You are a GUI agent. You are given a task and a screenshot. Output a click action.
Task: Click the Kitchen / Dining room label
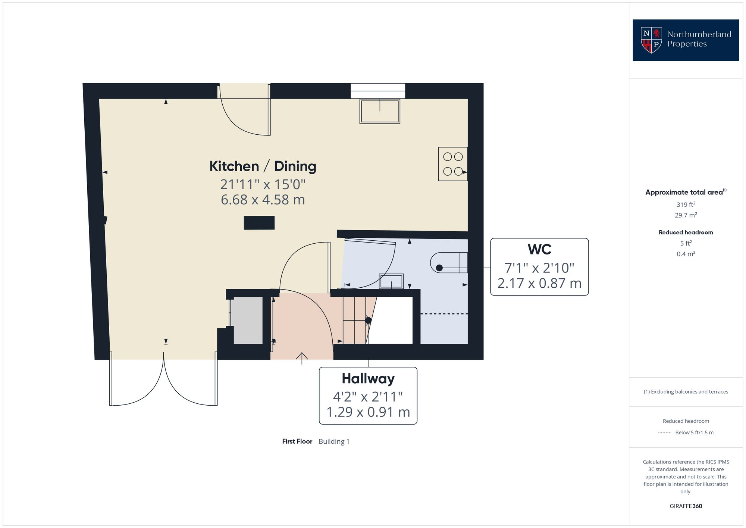point(263,166)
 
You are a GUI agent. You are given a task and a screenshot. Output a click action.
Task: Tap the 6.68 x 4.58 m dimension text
point(263,200)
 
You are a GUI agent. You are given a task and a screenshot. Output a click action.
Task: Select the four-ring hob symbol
point(453,164)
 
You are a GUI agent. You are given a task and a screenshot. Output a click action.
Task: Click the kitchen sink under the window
point(380,111)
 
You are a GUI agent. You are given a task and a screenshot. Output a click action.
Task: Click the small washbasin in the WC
point(391,281)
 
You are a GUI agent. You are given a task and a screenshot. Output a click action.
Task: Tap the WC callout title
point(539,249)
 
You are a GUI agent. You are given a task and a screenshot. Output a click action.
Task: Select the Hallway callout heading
point(368,379)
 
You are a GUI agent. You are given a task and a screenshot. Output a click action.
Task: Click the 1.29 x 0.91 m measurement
point(368,412)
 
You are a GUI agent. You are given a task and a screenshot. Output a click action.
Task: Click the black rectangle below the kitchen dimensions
point(259,223)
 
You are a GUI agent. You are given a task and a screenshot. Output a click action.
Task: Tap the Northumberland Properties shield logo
point(651,40)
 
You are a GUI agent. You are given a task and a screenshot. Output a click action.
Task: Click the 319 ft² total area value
point(686,204)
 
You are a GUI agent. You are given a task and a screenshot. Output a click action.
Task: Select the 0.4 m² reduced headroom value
point(686,254)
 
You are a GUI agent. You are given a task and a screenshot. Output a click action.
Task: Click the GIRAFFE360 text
point(686,506)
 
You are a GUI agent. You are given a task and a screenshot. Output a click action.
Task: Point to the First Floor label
point(297,441)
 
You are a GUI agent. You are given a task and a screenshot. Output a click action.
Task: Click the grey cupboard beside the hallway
point(248,320)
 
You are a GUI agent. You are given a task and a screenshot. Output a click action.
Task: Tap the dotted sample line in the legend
point(665,433)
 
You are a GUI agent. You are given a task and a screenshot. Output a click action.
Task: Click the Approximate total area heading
point(684,192)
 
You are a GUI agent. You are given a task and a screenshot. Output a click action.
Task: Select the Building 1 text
point(334,441)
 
